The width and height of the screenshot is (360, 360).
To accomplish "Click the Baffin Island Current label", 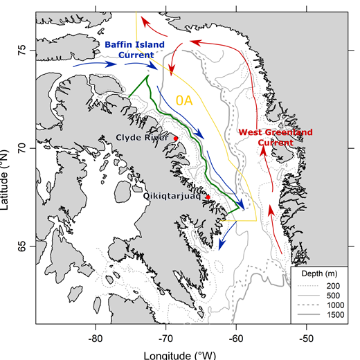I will [135, 50].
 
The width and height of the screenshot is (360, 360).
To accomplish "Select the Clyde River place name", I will [142, 138].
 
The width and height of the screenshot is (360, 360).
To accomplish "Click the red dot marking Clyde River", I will [176, 138].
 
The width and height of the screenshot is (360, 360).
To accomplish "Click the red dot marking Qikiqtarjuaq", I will [208, 197].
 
